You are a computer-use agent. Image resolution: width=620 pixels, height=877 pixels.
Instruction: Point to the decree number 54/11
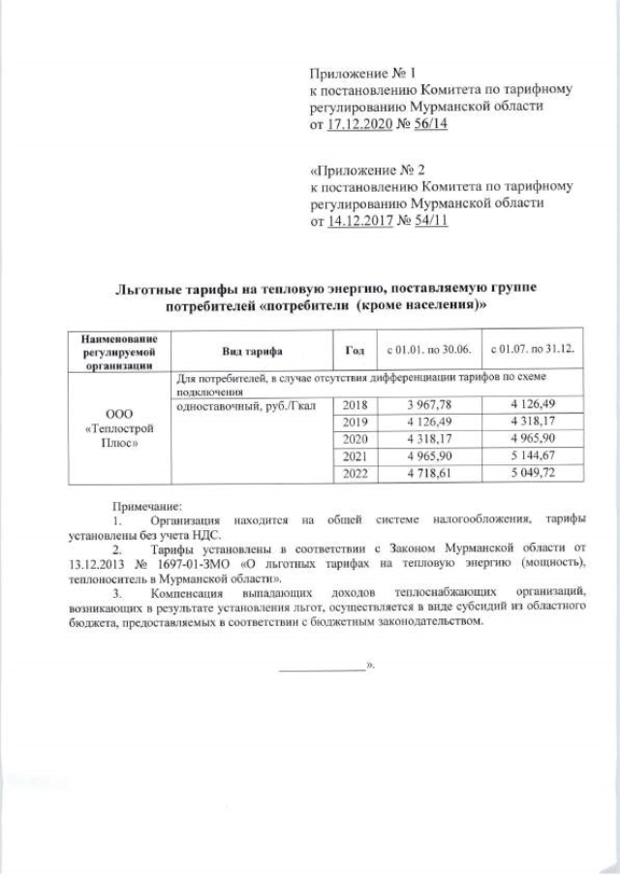pyautogui.click(x=428, y=222)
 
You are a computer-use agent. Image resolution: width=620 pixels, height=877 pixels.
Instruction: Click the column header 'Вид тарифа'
pyautogui.click(x=250, y=350)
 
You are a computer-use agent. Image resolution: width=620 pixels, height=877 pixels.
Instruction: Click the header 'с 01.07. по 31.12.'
pyautogui.click(x=532, y=350)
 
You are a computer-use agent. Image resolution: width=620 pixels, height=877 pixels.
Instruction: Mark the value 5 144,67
pyautogui.click(x=532, y=456)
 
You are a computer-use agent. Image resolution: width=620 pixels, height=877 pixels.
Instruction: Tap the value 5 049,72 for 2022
pyautogui.click(x=532, y=473)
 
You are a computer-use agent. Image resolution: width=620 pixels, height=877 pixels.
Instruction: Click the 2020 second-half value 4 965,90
pyautogui.click(x=532, y=440)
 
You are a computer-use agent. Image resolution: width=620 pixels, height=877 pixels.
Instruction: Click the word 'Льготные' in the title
pyautogui.click(x=146, y=290)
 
